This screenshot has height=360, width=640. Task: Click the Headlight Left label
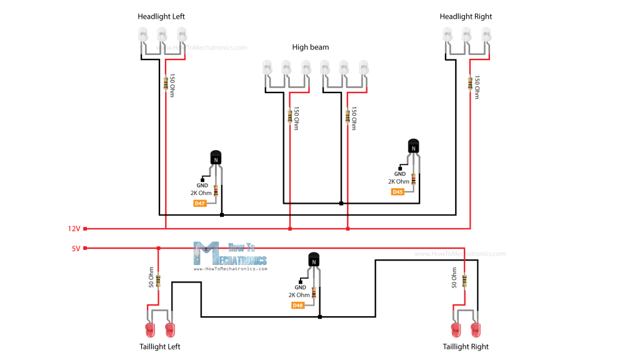click(x=161, y=16)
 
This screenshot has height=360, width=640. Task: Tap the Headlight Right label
click(x=466, y=16)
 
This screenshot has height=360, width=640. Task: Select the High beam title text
click(x=310, y=47)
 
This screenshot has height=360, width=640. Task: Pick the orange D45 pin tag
click(x=398, y=192)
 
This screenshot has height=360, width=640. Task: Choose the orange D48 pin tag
click(x=297, y=305)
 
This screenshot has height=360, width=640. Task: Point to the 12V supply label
click(x=74, y=229)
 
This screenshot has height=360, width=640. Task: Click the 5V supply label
click(x=76, y=248)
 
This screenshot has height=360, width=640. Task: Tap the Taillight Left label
click(x=159, y=346)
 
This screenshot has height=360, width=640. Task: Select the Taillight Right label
click(x=466, y=346)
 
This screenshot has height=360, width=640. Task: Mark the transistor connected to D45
click(x=413, y=147)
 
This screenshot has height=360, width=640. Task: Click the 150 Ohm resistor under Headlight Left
click(x=166, y=82)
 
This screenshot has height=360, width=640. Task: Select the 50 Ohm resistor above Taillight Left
click(x=157, y=281)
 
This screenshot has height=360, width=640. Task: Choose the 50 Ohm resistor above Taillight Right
click(x=464, y=281)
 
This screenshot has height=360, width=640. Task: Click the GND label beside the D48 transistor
click(x=300, y=287)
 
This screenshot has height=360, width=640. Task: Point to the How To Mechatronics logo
click(x=231, y=254)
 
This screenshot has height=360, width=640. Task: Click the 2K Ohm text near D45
click(x=399, y=182)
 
